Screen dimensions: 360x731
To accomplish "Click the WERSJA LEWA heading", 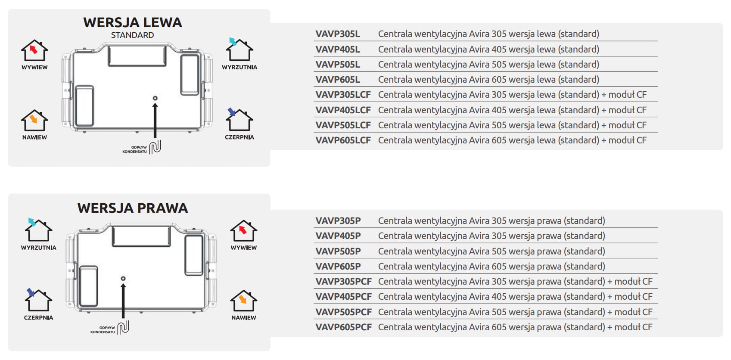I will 132,22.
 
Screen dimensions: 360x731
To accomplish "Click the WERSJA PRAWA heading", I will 132,208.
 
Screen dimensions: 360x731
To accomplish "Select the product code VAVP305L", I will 337,34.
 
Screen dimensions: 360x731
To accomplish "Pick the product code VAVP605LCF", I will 343,140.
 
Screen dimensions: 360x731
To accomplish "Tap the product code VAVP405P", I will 338,236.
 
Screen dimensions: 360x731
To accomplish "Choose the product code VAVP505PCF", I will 343,312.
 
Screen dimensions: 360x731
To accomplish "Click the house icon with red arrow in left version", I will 34,51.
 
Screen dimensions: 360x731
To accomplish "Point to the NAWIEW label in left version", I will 34,137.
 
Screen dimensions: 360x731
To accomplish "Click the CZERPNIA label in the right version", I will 38,318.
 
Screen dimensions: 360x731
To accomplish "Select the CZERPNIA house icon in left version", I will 239,120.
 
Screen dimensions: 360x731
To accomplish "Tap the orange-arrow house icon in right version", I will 243,300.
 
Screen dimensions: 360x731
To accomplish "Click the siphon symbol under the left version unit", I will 155,147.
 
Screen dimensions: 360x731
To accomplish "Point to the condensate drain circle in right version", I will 123,279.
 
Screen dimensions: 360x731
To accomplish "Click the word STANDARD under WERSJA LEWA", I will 132,35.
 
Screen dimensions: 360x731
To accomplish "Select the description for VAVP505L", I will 488,65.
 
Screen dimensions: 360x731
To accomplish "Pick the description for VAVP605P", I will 491,267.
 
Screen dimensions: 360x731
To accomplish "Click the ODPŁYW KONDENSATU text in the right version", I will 103,330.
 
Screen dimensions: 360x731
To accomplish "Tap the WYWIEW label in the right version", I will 243,248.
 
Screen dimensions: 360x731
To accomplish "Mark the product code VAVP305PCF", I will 343,282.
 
